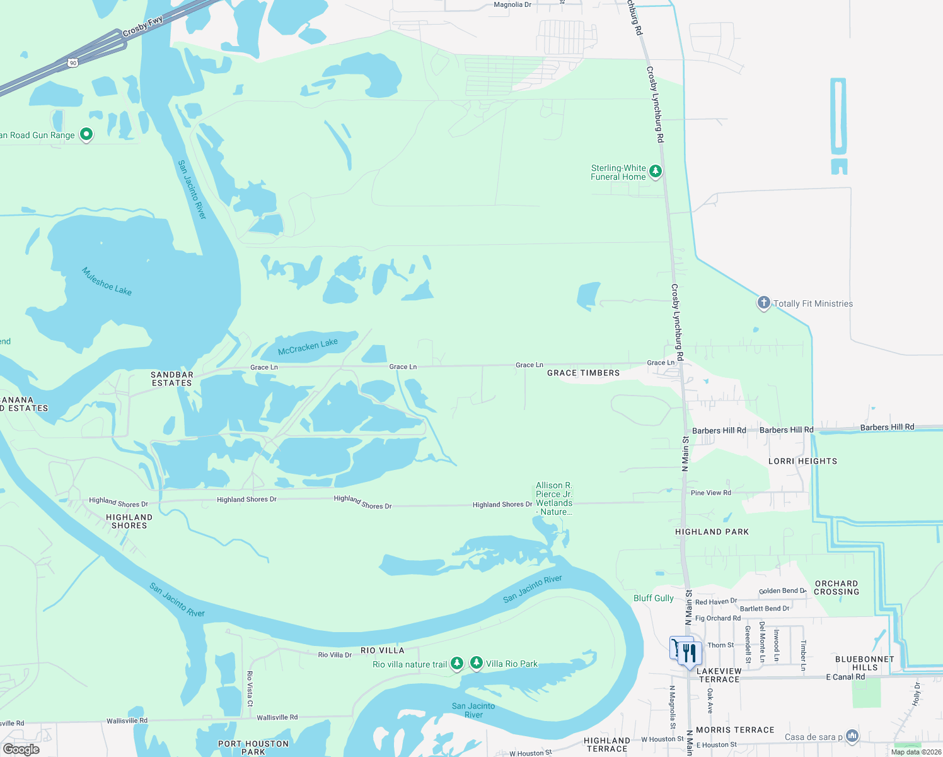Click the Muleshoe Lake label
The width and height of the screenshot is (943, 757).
(x=107, y=281)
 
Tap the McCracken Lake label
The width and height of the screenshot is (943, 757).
(x=308, y=346)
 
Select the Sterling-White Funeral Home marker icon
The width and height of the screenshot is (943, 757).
(x=656, y=172)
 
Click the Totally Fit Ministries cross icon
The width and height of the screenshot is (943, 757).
(x=763, y=303)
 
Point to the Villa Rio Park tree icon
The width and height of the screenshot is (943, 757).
(x=477, y=663)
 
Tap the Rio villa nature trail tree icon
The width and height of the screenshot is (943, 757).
(x=457, y=664)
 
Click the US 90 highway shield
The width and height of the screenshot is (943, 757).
(x=73, y=63)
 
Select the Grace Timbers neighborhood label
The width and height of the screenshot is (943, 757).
(x=583, y=373)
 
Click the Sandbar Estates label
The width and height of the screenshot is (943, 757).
(x=171, y=378)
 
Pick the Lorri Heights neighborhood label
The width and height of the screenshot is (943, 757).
(x=802, y=461)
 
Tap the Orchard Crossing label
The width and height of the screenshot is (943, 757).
(x=836, y=587)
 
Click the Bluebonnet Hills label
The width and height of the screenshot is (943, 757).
(x=864, y=663)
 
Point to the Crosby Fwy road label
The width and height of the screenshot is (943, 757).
(x=142, y=26)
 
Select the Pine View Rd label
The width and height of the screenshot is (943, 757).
(x=710, y=493)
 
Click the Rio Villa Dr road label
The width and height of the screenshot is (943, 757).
(x=335, y=655)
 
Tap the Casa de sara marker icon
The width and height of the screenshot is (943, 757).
(x=852, y=736)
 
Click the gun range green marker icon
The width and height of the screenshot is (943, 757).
(x=86, y=134)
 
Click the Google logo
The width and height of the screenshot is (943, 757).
(x=21, y=749)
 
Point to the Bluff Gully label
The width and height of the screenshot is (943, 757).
(x=653, y=598)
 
